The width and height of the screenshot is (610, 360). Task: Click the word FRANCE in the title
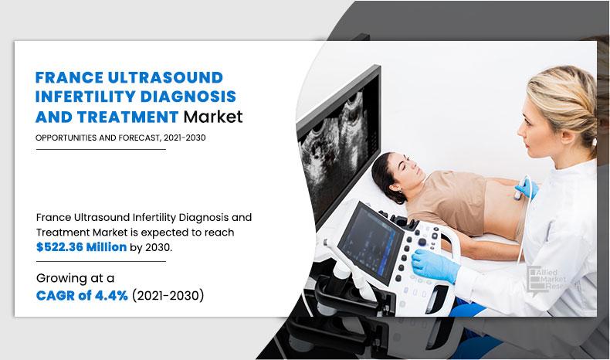pos(67,76)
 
